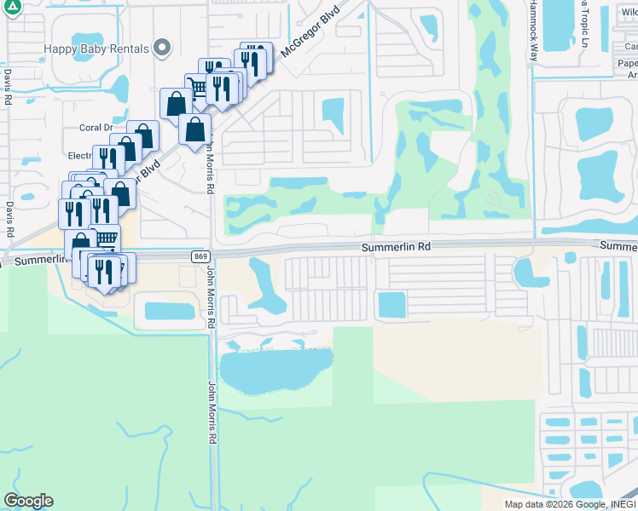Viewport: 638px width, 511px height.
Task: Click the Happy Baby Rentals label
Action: coord(96,49)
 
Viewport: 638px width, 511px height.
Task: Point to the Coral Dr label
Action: coord(96,128)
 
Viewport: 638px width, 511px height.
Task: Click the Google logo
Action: coord(28,501)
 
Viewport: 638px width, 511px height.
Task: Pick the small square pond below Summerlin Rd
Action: coord(391,304)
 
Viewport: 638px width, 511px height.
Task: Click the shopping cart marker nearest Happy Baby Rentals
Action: coord(198,87)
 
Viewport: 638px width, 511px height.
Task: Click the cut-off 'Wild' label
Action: coord(629,13)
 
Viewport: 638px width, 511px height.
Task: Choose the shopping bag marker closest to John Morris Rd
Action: coord(194,129)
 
